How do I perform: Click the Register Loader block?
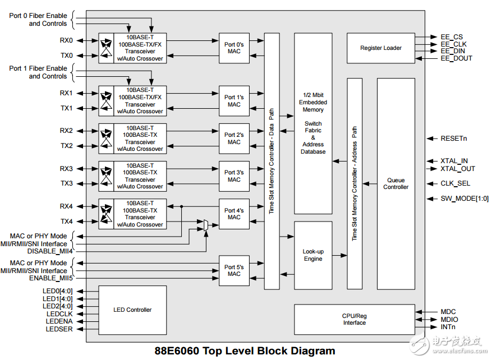point(380,48)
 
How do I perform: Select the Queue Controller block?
point(396,184)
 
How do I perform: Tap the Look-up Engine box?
point(313,255)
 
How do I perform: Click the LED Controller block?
point(132,310)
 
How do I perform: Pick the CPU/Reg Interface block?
point(354,319)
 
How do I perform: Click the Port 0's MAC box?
point(234,48)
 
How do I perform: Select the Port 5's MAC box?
point(234,270)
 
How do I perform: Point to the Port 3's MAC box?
point(234,176)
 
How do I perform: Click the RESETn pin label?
point(454,138)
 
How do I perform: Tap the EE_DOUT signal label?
point(456,58)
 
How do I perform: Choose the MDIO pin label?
point(449,320)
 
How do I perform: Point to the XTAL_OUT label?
point(458,169)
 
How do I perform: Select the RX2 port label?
point(66,131)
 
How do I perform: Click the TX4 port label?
point(66,221)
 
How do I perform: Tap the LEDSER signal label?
point(59,329)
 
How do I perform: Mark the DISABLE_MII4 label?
point(50,251)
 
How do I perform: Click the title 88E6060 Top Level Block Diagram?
point(245,351)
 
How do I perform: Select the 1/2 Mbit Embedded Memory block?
point(313,123)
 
